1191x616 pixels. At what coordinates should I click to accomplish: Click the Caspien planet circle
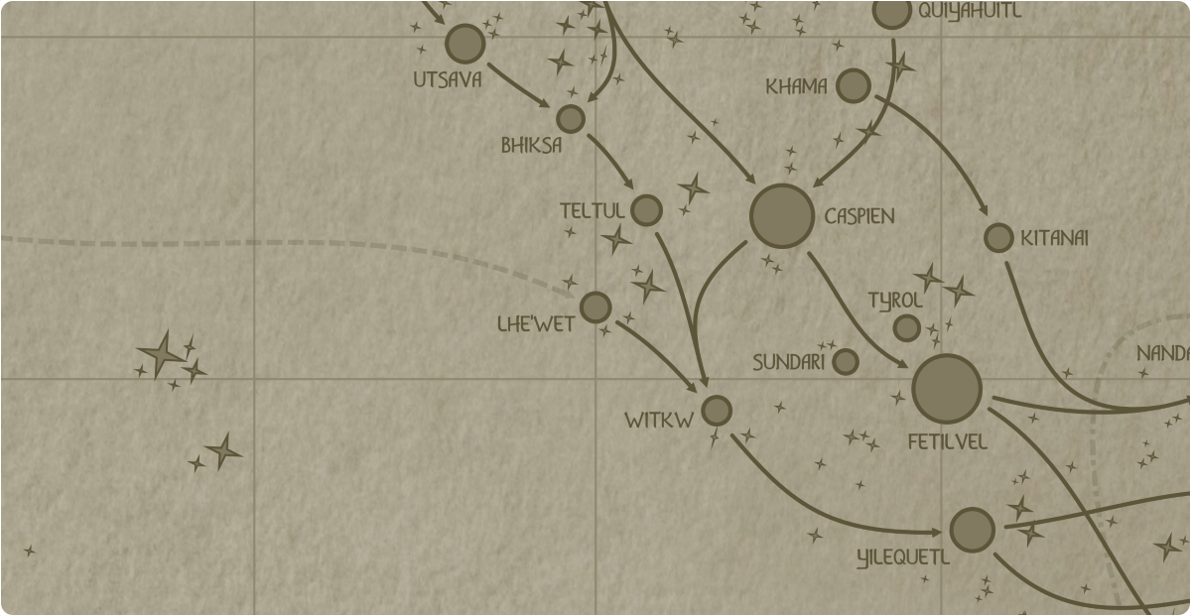pos(782,215)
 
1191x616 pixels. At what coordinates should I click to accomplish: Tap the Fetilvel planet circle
pos(946,389)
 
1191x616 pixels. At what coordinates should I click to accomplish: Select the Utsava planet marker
pos(464,44)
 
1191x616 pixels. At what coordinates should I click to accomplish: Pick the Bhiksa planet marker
pos(570,119)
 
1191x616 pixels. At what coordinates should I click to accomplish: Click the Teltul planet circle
pos(646,210)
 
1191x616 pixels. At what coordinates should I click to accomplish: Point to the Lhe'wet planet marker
pos(595,308)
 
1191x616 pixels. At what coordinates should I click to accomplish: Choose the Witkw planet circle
pos(716,410)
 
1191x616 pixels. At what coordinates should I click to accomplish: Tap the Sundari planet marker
pos(845,361)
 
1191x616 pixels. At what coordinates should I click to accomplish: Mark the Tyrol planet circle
pos(906,327)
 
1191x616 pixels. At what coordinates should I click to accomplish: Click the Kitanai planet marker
pos(998,238)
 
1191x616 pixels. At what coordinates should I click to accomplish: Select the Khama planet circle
pos(853,86)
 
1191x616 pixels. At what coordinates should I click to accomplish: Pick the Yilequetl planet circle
pos(972,530)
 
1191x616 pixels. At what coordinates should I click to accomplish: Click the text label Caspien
pos(860,216)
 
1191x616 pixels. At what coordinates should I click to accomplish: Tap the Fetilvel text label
pos(947,442)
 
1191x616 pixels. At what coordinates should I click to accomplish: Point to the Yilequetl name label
pos(902,558)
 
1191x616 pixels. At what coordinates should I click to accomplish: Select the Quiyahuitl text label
pos(969,12)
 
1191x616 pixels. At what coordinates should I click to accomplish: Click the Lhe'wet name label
pos(536,323)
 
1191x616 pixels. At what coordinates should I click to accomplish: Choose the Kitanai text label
pos(1055,238)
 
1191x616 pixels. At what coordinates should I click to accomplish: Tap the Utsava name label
pos(448,79)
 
